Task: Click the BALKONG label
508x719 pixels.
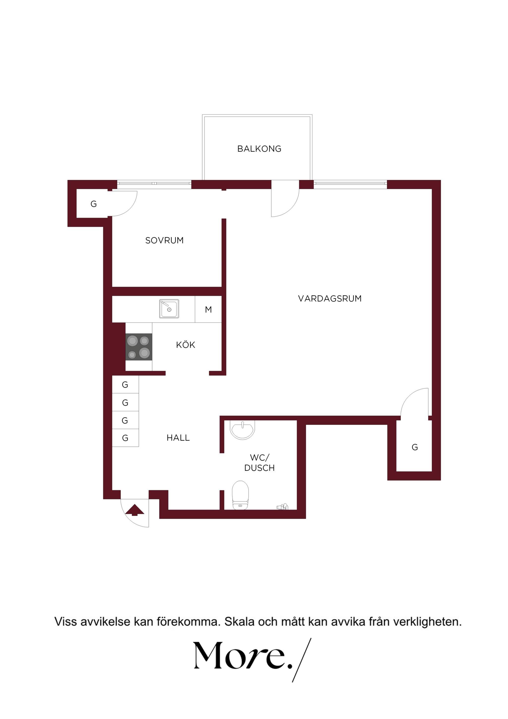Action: (x=259, y=149)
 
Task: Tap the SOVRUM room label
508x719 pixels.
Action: (x=164, y=240)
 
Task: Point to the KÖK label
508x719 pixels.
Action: (x=186, y=345)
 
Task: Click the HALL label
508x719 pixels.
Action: (x=178, y=438)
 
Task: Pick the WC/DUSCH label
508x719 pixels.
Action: (x=259, y=463)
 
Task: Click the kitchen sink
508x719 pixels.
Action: (x=169, y=309)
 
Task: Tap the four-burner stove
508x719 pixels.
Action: (x=139, y=347)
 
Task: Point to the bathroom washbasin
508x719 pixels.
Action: (x=242, y=430)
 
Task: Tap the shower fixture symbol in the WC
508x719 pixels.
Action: (x=282, y=506)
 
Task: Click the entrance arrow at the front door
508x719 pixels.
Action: (x=135, y=510)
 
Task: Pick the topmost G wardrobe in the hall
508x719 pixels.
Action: (x=125, y=384)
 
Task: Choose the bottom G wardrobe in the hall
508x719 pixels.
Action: (x=125, y=438)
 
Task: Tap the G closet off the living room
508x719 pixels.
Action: (x=414, y=447)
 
